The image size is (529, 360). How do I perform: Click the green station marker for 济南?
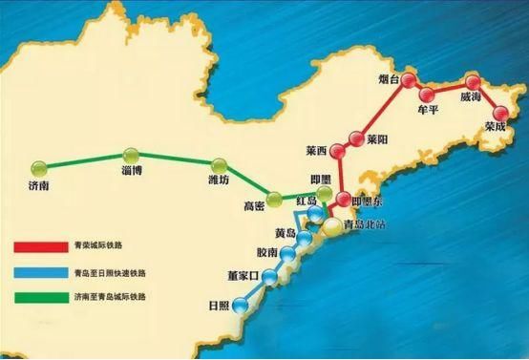[x=39, y=168]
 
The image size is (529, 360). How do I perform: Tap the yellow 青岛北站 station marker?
[x=330, y=226]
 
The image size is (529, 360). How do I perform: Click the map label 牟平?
[x=429, y=110]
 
